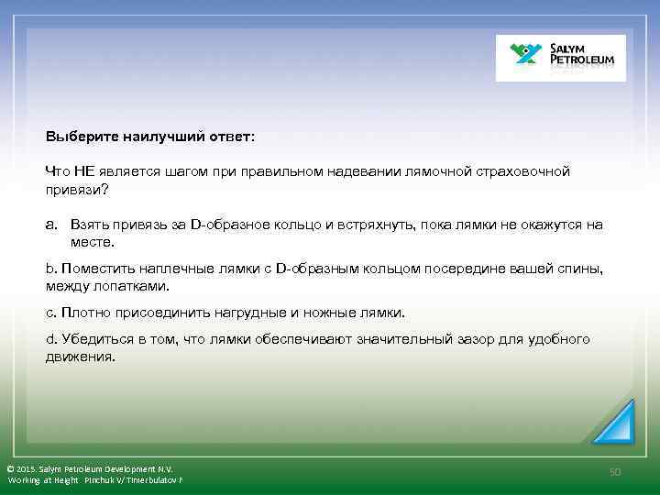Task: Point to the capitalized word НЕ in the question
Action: coord(85,171)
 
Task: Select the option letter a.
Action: coord(51,225)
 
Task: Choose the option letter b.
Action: coord(50,269)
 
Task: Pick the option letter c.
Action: coord(50,313)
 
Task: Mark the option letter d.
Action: coord(50,340)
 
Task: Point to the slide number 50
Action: coord(615,471)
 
